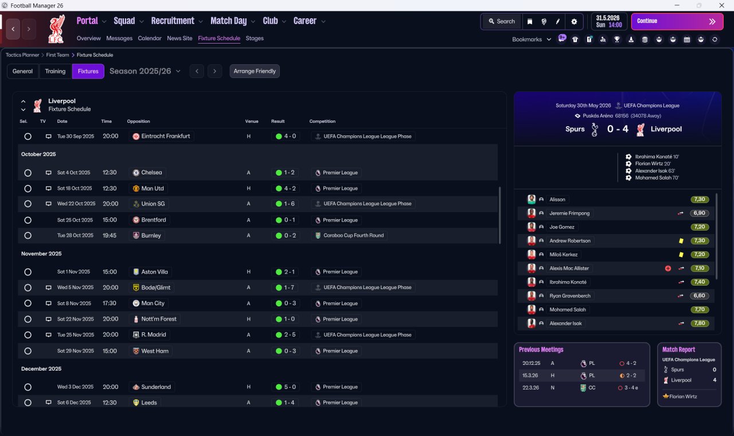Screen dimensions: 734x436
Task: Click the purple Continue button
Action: tap(677, 21)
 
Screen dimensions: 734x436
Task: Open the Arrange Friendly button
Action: tap(255, 71)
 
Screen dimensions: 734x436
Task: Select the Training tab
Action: tap(55, 71)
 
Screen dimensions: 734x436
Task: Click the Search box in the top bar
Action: tap(502, 21)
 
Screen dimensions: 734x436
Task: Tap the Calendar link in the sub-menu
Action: tap(150, 38)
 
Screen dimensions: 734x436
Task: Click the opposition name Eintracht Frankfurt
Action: tap(166, 136)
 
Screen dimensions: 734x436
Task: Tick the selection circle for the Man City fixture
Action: tap(28, 303)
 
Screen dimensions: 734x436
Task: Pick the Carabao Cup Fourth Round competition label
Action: tap(354, 235)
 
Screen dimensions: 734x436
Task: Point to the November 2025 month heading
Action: tap(41, 254)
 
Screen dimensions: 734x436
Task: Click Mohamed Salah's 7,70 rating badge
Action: tap(700, 309)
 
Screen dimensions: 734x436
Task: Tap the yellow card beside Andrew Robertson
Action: tap(681, 240)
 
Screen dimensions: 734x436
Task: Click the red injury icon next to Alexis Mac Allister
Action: tap(668, 268)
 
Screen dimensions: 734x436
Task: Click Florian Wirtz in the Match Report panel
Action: tap(683, 396)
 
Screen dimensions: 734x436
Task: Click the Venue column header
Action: tap(252, 121)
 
